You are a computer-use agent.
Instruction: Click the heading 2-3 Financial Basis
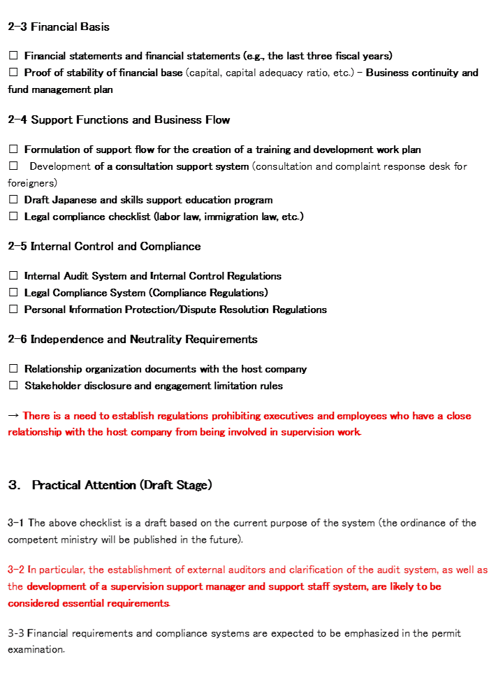59,27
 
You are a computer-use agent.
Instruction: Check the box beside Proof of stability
13,73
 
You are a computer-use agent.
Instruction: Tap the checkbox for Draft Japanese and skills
13,200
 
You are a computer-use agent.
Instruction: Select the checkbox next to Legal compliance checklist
13,217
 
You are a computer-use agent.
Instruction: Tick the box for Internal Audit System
13,276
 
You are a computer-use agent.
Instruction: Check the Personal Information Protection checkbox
13,310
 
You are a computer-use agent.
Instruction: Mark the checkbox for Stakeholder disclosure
13,386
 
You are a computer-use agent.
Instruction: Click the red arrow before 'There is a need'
13,416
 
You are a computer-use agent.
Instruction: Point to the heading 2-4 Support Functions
119,120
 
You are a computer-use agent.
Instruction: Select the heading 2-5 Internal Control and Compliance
104,247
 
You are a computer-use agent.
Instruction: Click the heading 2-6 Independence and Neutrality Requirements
133,340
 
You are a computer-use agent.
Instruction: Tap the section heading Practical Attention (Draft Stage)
122,485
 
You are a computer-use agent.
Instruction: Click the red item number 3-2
16,570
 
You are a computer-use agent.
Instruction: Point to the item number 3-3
16,633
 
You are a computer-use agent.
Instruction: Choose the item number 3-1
16,523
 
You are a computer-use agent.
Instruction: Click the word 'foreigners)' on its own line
32,183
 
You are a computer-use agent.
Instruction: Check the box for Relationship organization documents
13,369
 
